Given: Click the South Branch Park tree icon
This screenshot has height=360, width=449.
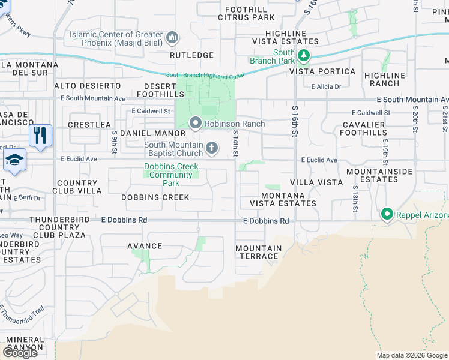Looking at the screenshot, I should pos(304,56).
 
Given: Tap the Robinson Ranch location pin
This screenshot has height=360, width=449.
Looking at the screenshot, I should pos(195,124).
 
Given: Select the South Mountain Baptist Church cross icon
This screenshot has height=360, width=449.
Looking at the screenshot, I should pos(211,148).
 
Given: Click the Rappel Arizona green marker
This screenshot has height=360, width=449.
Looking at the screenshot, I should pos(387,214).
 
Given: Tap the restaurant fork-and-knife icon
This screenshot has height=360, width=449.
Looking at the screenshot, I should pos(40,136).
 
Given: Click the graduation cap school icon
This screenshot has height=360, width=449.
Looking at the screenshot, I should pos(14,160).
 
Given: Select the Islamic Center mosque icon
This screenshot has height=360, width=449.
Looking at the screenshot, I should pos(172,38).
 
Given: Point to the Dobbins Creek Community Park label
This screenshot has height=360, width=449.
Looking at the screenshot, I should pos(171,175).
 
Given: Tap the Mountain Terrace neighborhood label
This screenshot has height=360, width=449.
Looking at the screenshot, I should pos(258,252).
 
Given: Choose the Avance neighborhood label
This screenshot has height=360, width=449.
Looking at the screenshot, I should pos(145,246).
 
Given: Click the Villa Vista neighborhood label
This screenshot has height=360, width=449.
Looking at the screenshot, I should pos(316,182).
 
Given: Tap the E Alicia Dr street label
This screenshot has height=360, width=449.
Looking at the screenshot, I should pos(326,86).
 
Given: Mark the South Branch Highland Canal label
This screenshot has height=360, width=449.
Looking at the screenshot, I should pos(206,74).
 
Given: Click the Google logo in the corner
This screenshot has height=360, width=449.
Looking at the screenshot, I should pos(20,352).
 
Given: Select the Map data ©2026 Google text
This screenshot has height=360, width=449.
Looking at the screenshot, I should pos(411,355).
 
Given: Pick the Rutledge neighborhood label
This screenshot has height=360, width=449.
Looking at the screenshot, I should pos(191,55).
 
